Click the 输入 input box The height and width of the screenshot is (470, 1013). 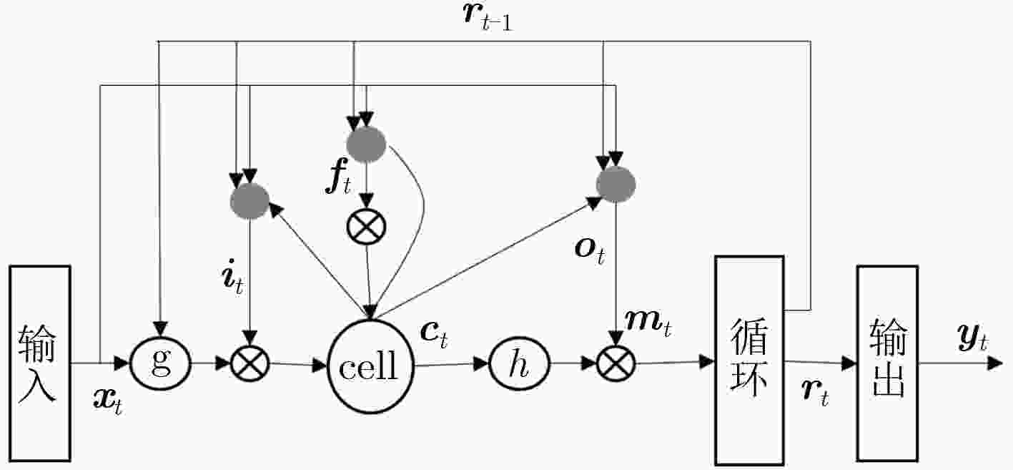(x=40, y=363)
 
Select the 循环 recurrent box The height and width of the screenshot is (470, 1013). (x=749, y=360)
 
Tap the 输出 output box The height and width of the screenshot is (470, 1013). (x=888, y=363)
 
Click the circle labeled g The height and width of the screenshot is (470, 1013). (x=161, y=363)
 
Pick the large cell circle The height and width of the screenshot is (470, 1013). (x=370, y=366)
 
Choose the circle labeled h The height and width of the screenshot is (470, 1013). (x=519, y=363)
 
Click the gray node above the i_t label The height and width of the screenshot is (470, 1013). (x=249, y=201)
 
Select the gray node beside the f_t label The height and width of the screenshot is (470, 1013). (x=366, y=145)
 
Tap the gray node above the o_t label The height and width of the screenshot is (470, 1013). (x=616, y=184)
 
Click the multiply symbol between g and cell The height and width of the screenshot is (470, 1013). (x=250, y=363)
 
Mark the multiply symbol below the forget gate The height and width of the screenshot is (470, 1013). (x=366, y=226)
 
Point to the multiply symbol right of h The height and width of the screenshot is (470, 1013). (x=616, y=363)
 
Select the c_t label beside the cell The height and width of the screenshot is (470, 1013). (x=434, y=335)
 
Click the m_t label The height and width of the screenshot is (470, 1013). (x=648, y=323)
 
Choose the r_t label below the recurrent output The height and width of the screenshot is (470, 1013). (x=816, y=392)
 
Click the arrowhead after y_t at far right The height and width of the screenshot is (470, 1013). (x=995, y=363)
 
